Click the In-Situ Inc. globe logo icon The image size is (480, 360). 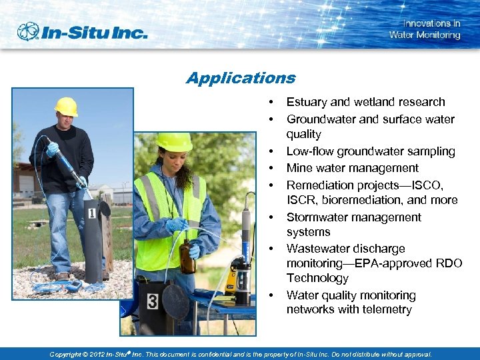(29, 31)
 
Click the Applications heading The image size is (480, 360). (241, 78)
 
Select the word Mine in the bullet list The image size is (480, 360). (299, 168)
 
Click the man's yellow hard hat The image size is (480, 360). (66, 106)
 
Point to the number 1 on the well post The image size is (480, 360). (91, 213)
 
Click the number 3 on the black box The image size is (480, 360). (152, 302)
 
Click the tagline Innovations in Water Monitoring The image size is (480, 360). (425, 29)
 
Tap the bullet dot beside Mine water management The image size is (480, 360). (271, 168)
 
